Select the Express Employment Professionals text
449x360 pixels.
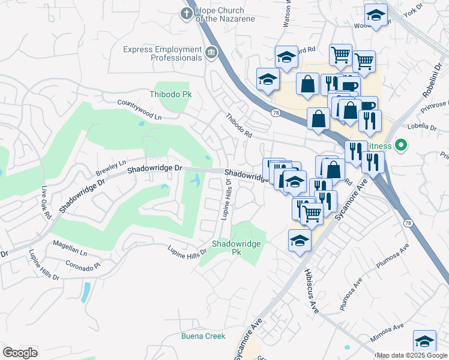(x=162, y=53)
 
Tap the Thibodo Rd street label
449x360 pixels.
(x=238, y=126)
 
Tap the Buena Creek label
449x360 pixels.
(x=203, y=336)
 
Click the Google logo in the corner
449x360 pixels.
(x=20, y=352)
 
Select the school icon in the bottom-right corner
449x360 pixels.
(x=424, y=341)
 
